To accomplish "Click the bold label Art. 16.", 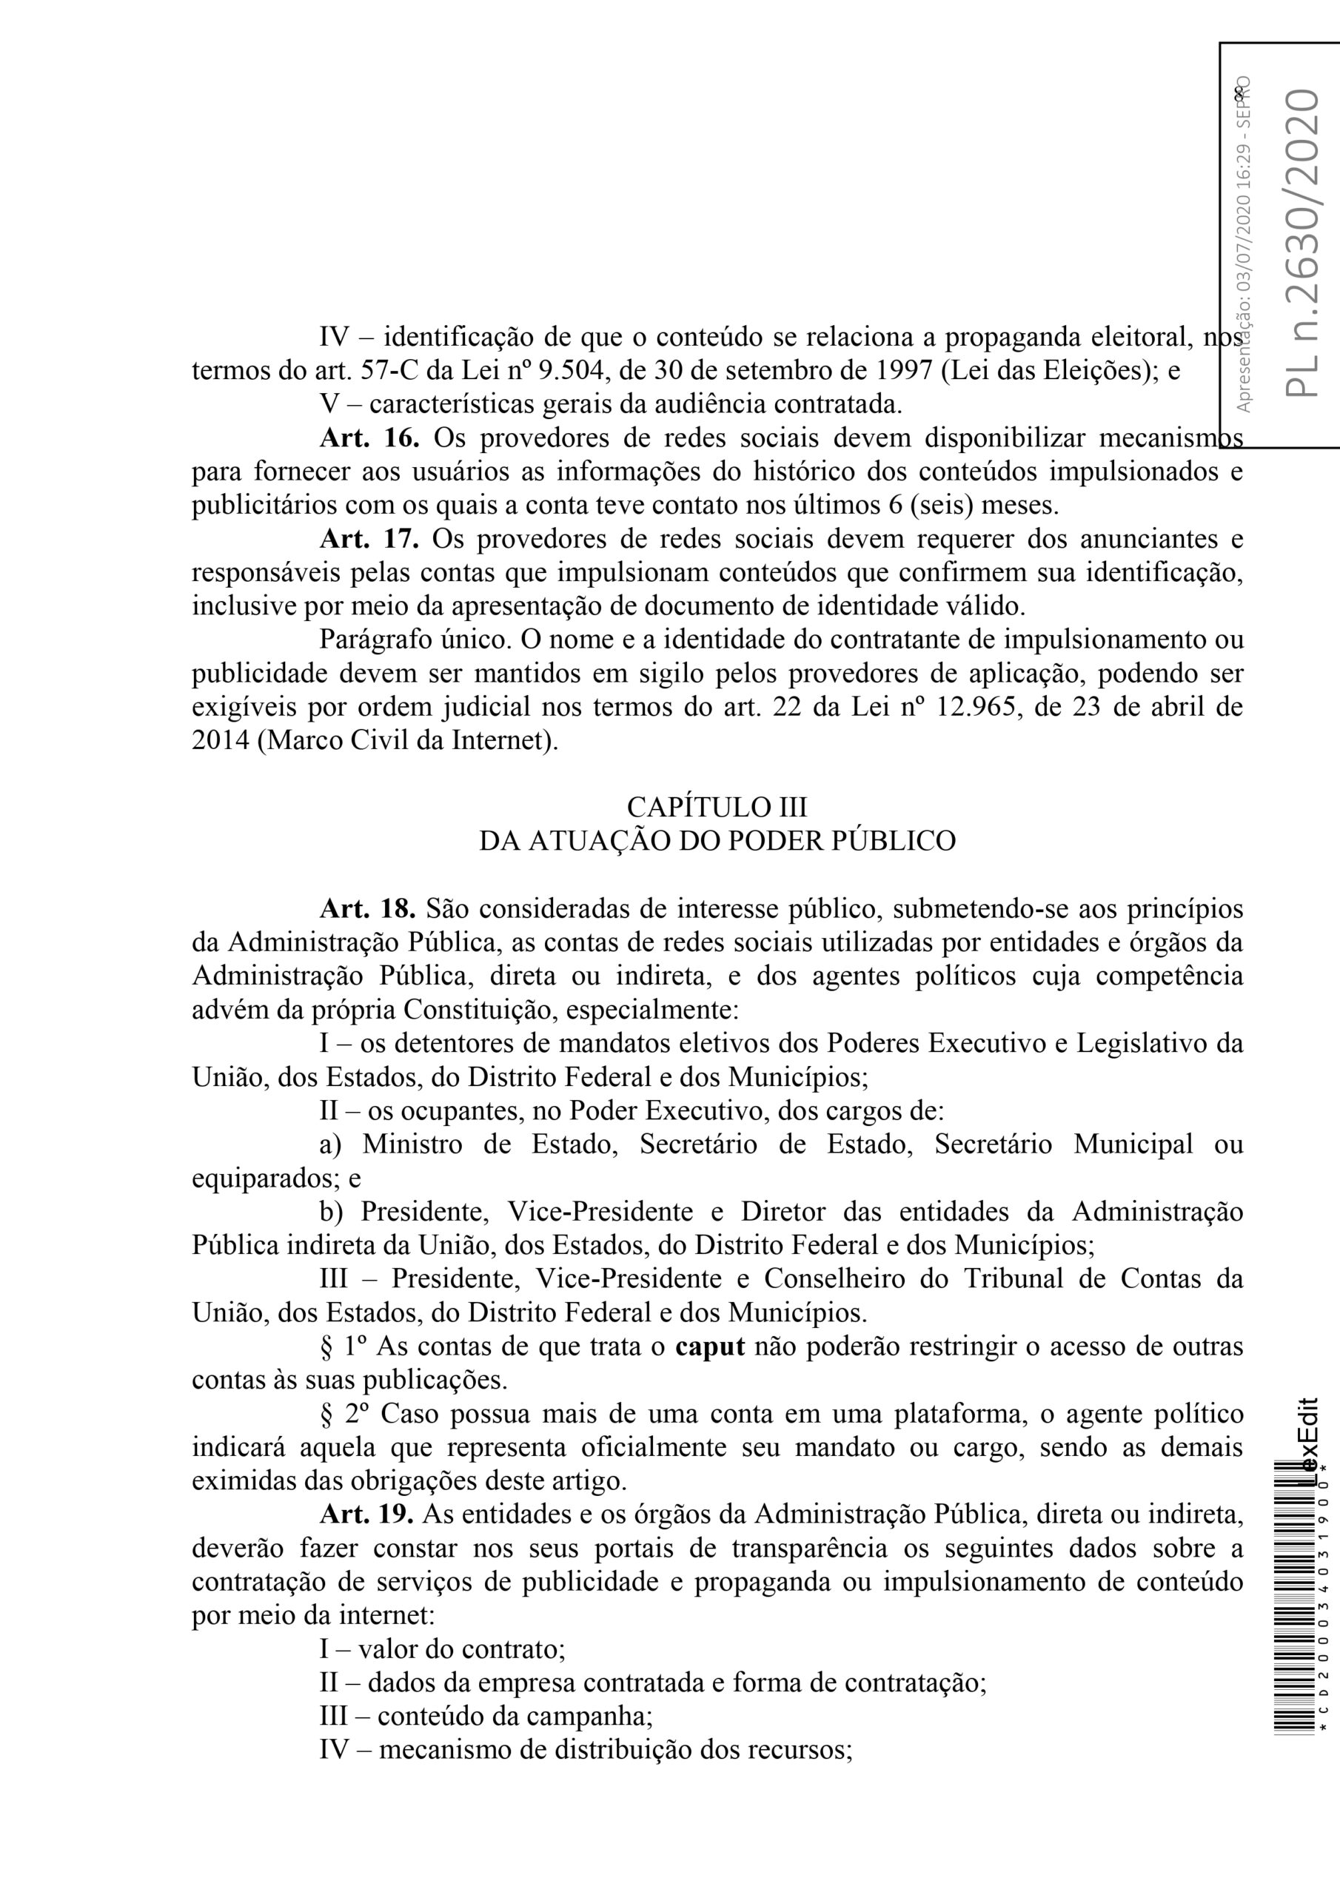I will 369,437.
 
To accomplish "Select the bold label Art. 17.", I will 369,539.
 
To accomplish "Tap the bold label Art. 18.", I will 369,909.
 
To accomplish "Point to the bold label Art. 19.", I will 369,1515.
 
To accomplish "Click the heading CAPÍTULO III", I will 717,805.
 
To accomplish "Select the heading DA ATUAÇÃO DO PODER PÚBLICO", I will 717,840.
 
